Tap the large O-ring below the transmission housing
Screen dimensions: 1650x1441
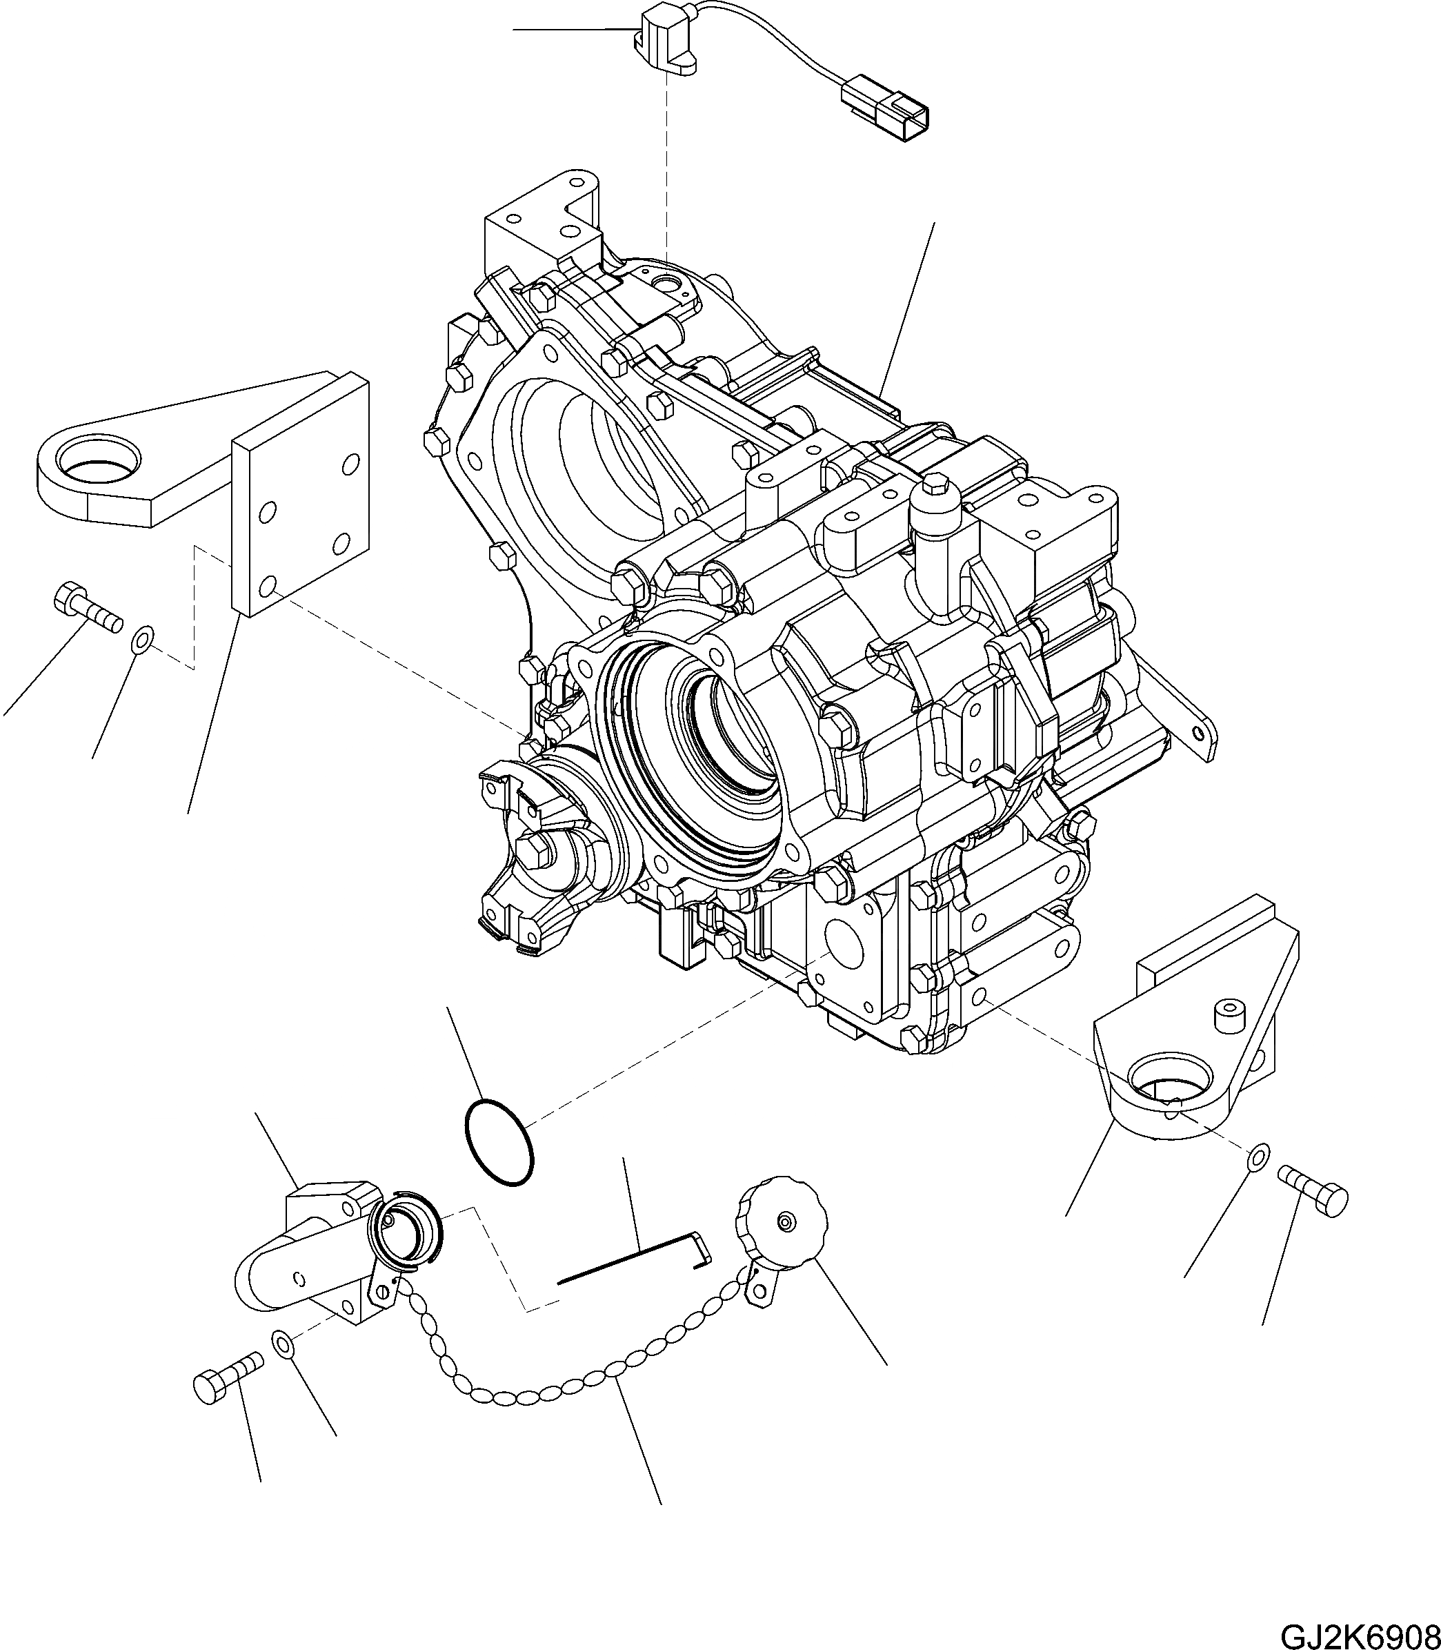point(499,1142)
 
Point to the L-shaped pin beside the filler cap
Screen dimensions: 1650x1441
point(635,1268)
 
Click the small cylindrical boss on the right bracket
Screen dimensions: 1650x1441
point(1229,1016)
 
